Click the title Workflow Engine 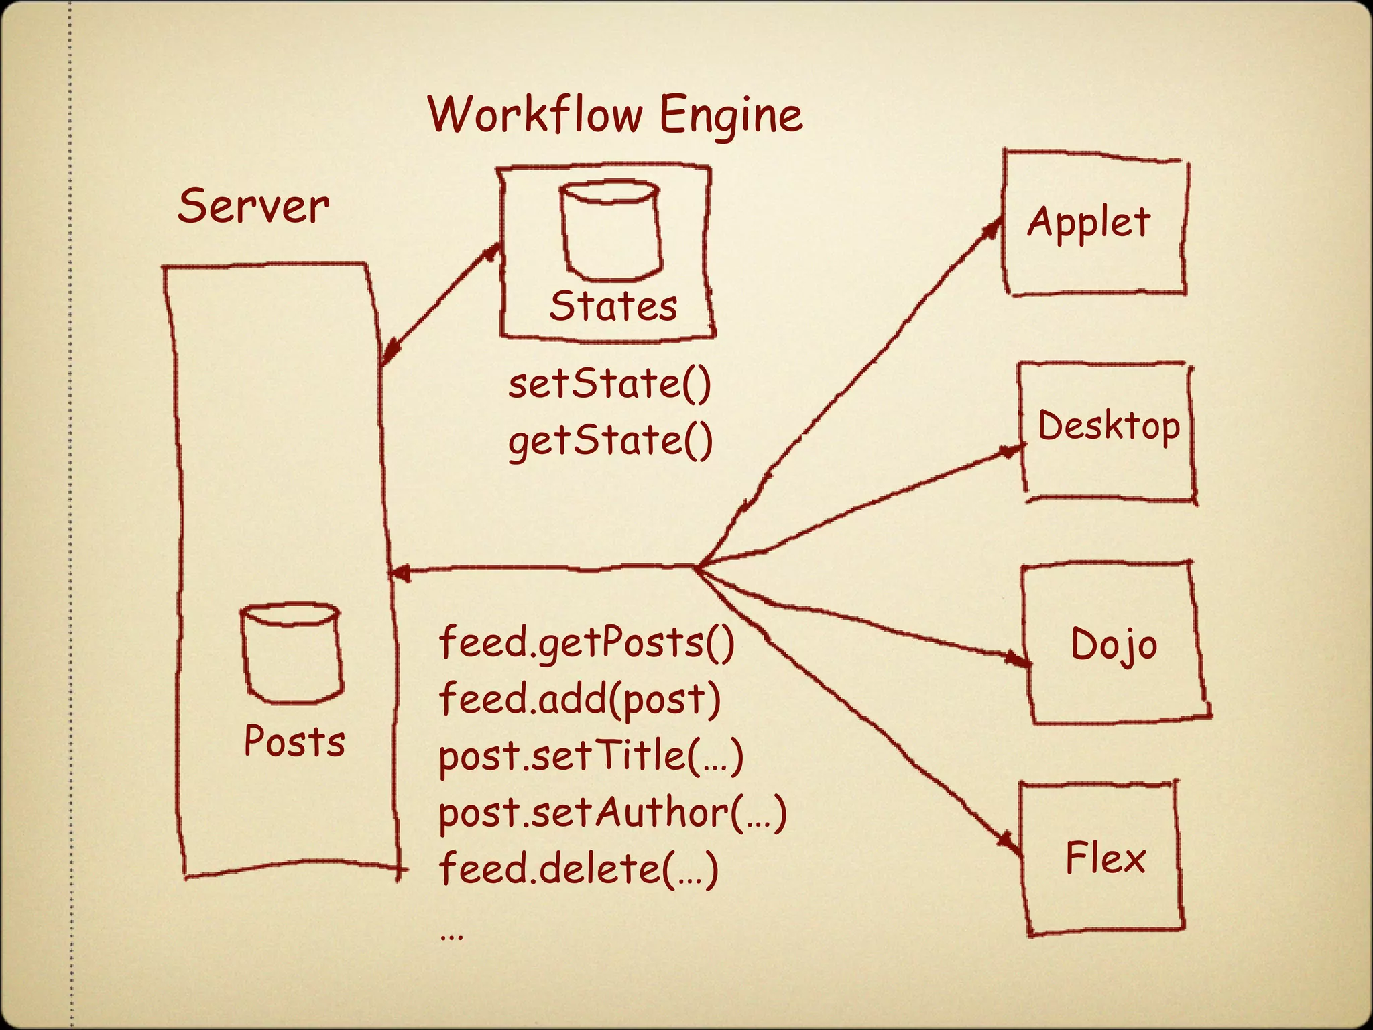pyautogui.click(x=615, y=115)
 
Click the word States pyautogui.click(x=613, y=306)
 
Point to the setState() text pyautogui.click(x=609, y=384)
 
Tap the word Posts pyautogui.click(x=294, y=742)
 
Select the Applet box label pyautogui.click(x=1089, y=223)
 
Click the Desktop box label pyautogui.click(x=1108, y=426)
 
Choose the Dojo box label pyautogui.click(x=1114, y=645)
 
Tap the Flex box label pyautogui.click(x=1105, y=858)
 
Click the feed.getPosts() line pyautogui.click(x=587, y=642)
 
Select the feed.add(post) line pyautogui.click(x=579, y=699)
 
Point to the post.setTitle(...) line pyautogui.click(x=591, y=756)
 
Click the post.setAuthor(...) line pyautogui.click(x=612, y=813)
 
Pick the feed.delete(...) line pyautogui.click(x=578, y=869)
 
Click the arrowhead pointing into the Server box pyautogui.click(x=401, y=573)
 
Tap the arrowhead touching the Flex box pyautogui.click(x=1008, y=842)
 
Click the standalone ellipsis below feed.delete pyautogui.click(x=451, y=935)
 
